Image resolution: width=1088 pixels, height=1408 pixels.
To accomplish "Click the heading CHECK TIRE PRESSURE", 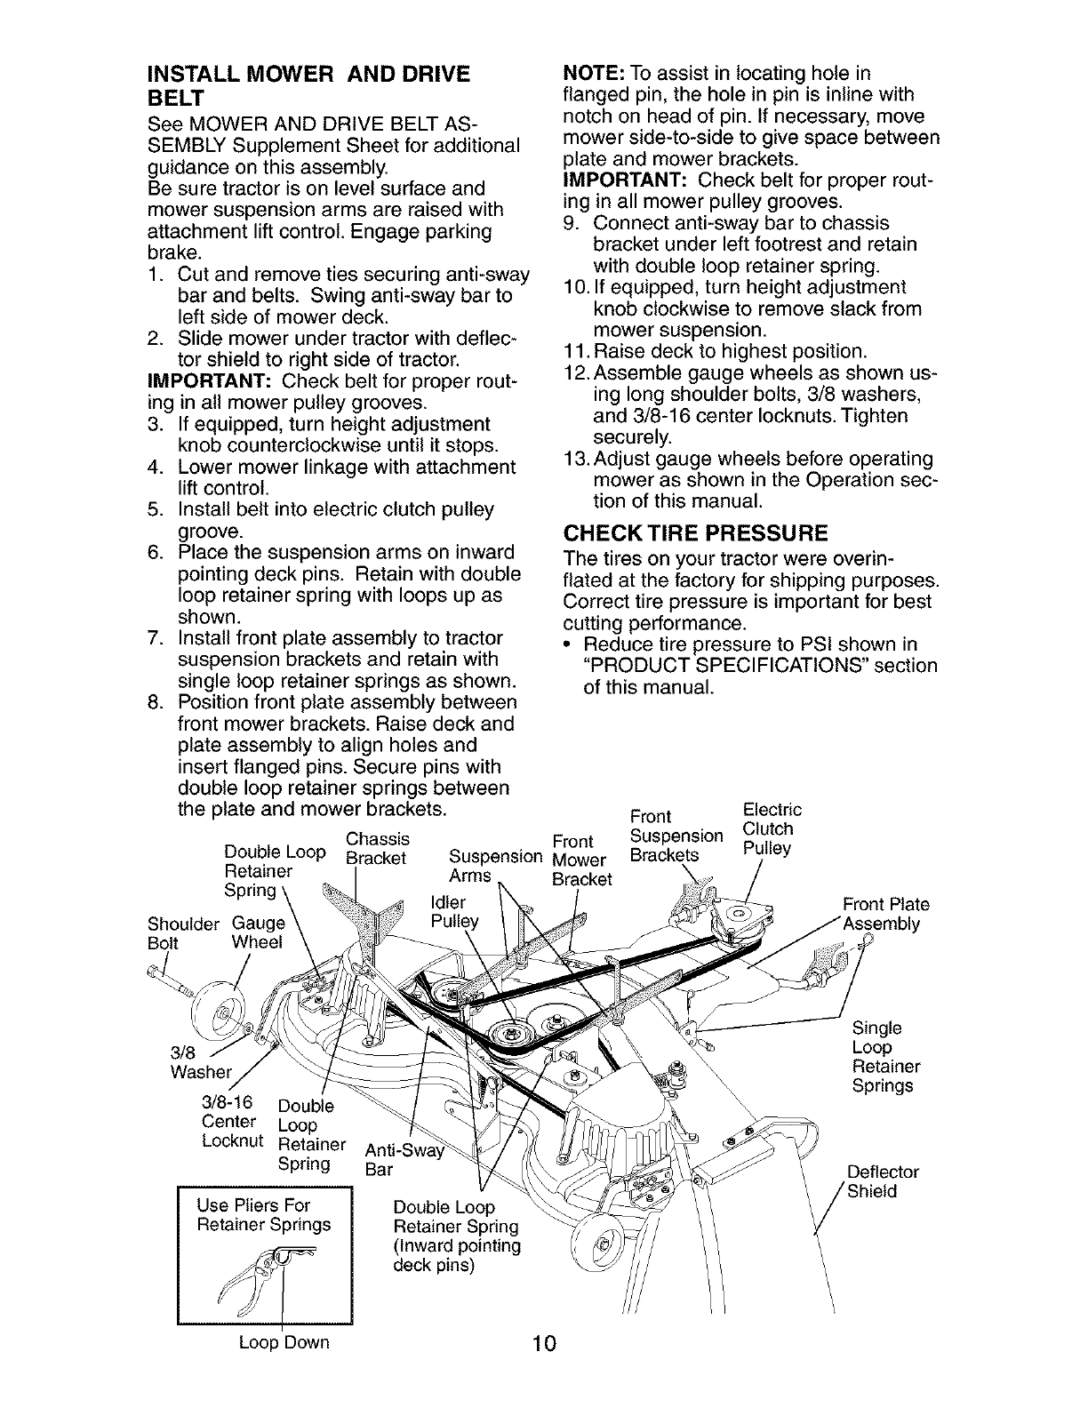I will [x=696, y=533].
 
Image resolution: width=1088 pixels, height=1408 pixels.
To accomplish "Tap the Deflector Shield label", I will [x=883, y=1181].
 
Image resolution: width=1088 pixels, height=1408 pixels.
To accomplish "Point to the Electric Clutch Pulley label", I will [x=770, y=829].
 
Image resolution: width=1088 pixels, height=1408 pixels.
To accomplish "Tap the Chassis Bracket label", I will [x=376, y=849].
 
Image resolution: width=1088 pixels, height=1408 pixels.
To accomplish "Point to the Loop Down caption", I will [x=284, y=1342].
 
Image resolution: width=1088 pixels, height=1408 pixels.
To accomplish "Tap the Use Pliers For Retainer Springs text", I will [x=264, y=1215].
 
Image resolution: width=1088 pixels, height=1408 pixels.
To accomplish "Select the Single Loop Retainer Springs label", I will [x=885, y=1057].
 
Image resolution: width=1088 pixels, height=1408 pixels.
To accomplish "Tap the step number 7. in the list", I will [x=156, y=638].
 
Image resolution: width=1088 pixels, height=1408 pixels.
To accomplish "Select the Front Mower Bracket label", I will [x=580, y=860].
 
